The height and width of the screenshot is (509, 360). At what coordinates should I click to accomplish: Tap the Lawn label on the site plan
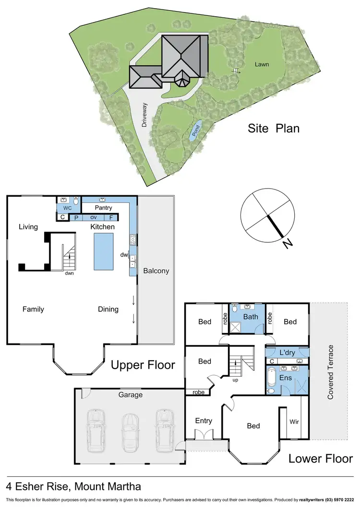tap(262, 64)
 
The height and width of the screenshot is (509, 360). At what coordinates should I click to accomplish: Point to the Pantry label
tap(103, 208)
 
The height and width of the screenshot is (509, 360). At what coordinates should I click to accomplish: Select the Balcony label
tap(156, 271)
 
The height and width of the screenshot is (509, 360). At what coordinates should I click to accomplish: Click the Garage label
tap(131, 395)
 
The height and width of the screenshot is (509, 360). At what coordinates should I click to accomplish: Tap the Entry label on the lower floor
tap(204, 421)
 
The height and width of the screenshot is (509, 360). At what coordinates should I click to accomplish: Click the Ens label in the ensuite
tap(285, 378)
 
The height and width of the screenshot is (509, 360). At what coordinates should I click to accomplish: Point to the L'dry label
tap(287, 353)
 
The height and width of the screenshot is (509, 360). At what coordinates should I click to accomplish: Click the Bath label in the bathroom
tap(251, 317)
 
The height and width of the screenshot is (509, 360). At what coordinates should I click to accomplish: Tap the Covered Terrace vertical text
tap(331, 372)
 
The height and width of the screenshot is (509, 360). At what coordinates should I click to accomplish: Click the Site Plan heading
tap(274, 128)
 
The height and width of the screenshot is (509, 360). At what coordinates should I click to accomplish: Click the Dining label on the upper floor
tap(108, 309)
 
